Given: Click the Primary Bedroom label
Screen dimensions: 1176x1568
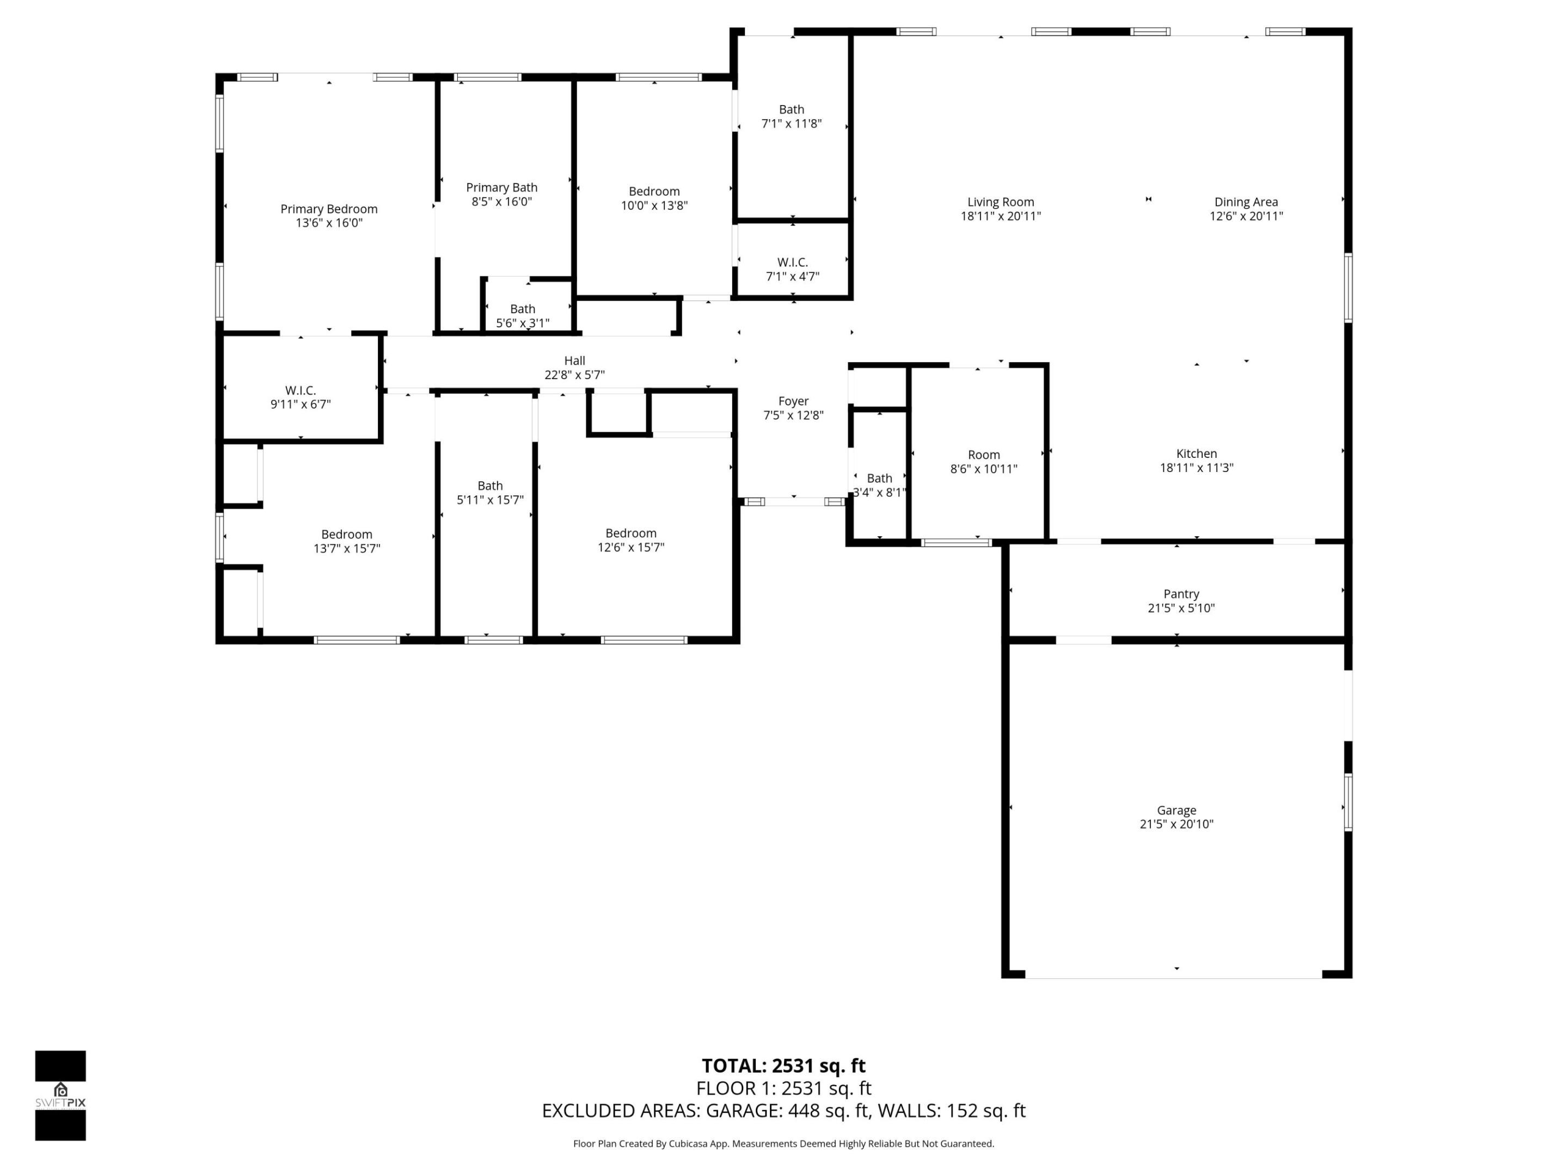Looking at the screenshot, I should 328,209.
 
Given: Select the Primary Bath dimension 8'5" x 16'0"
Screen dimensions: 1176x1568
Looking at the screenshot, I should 501,201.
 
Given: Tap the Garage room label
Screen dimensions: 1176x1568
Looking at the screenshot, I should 1176,810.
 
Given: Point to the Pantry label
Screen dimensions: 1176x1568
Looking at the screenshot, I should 1181,593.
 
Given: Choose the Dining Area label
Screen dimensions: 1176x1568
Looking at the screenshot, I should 1246,201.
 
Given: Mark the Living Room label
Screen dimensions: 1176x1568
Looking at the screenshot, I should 1000,201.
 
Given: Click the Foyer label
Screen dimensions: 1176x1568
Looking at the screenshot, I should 793,401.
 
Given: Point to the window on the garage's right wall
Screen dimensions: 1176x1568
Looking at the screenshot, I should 1347,802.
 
